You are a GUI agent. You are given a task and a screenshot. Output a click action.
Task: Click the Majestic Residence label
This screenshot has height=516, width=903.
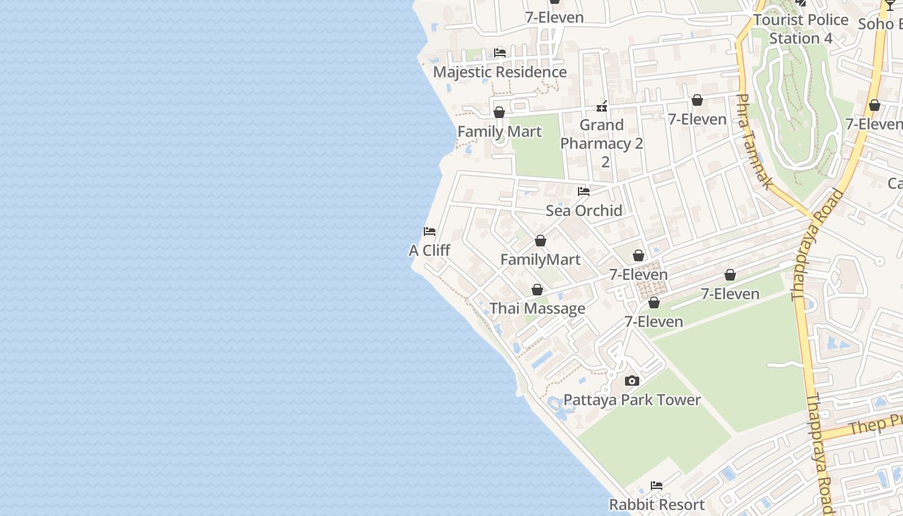(x=500, y=72)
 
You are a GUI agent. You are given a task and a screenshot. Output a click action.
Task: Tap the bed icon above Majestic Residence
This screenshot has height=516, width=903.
(x=499, y=52)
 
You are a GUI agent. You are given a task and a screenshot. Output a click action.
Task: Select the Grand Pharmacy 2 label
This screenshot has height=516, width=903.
(x=602, y=143)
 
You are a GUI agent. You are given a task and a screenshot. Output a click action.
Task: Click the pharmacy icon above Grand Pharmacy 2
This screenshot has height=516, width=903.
(x=602, y=106)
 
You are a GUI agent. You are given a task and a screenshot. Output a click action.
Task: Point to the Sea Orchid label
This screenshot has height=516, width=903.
(x=584, y=210)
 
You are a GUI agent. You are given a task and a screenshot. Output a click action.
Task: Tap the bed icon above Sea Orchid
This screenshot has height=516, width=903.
(x=584, y=191)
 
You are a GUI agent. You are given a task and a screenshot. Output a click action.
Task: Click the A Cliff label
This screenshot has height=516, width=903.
(x=430, y=250)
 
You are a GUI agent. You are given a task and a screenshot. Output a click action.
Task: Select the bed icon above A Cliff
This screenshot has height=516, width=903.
(x=430, y=231)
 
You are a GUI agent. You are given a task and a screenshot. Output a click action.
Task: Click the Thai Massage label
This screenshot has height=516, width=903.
(x=537, y=308)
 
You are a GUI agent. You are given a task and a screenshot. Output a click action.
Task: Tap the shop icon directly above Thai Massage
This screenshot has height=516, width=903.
(x=537, y=290)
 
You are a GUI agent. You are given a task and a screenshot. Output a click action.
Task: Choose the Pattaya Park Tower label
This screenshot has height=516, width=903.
(x=632, y=400)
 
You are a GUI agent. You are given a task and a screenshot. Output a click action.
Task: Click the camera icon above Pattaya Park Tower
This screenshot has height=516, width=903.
(x=632, y=381)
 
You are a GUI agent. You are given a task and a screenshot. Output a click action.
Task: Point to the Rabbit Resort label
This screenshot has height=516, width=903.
(x=657, y=504)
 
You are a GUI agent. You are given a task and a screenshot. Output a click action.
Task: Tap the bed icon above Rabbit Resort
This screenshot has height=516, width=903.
(x=657, y=485)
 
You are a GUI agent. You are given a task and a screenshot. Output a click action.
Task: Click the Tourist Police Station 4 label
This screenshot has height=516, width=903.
(x=801, y=29)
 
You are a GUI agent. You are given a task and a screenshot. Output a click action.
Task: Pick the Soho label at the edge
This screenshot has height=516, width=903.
(x=880, y=24)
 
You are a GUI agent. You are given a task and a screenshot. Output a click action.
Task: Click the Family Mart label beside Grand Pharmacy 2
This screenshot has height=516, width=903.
(x=499, y=132)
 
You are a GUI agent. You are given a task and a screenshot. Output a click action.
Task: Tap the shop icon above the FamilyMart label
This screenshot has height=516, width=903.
(x=541, y=241)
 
